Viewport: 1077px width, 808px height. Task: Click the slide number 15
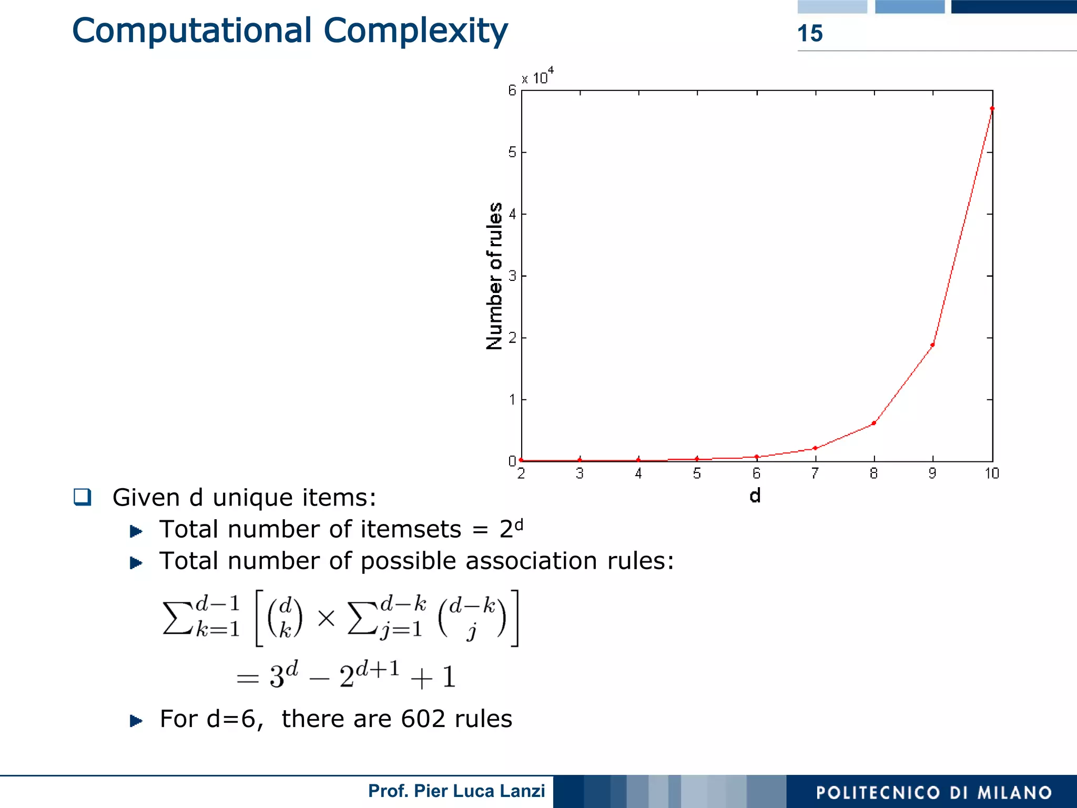[810, 33]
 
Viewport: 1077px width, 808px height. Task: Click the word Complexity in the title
[415, 31]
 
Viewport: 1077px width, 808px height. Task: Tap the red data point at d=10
[992, 109]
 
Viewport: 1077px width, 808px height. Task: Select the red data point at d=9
[932, 345]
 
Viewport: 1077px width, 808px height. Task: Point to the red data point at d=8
[873, 423]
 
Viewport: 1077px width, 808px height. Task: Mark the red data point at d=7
[815, 448]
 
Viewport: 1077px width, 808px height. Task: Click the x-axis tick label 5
[697, 473]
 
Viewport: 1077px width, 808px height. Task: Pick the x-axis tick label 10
[992, 473]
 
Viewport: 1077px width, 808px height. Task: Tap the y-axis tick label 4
[512, 214]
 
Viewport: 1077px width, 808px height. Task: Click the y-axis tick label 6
[512, 90]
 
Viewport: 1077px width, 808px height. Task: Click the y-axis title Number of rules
[494, 276]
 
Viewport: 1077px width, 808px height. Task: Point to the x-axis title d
[755, 496]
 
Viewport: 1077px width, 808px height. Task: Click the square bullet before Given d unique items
[83, 497]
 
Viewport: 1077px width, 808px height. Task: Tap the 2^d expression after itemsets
[511, 528]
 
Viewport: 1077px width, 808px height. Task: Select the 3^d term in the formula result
[283, 675]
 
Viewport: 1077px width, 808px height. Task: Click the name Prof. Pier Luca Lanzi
[456, 791]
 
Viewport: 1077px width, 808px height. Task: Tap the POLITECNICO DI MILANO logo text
[933, 793]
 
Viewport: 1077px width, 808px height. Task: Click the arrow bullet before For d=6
[136, 720]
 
